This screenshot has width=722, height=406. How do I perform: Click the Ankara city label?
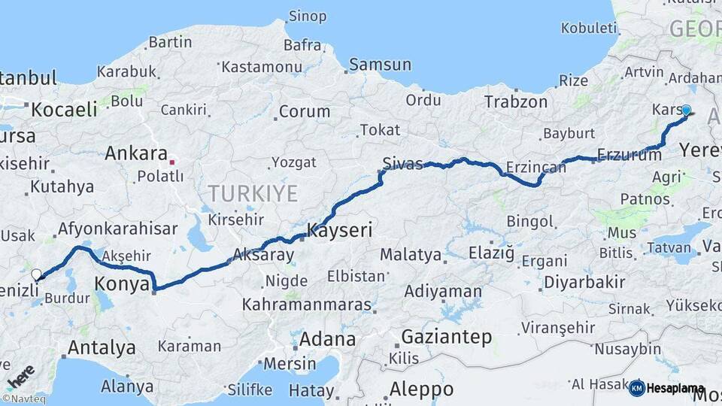(136, 153)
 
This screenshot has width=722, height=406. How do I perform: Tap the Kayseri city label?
(340, 230)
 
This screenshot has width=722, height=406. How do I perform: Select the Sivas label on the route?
(402, 163)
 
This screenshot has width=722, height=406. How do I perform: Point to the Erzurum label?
(629, 156)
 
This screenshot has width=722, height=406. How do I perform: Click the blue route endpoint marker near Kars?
(685, 110)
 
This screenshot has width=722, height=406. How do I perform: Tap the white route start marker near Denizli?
(36, 275)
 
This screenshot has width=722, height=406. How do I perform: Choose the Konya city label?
(120, 283)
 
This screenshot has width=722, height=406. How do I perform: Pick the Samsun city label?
(380, 65)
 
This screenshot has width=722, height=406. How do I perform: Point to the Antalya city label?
(102, 347)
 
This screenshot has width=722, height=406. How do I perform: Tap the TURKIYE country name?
(253, 193)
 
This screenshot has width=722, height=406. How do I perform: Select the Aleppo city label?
(421, 389)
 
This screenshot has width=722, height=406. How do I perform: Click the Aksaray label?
(263, 255)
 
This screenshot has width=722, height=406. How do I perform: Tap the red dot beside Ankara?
(173, 160)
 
